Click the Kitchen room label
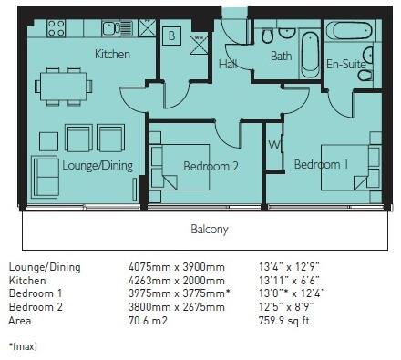point(112,54)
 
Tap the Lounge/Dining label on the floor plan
point(98,166)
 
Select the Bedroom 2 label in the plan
point(211,166)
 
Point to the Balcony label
point(210,229)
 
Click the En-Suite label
point(345,64)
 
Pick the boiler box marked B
point(171,36)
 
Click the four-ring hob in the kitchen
point(56,28)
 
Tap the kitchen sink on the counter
point(117,28)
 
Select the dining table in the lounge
point(63,87)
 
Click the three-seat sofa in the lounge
point(46,177)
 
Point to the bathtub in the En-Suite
point(349,31)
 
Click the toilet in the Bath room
point(267,36)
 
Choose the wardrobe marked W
point(274,145)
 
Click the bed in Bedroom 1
point(344,168)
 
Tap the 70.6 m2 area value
point(148,321)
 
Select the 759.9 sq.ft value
point(283,321)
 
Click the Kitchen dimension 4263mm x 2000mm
point(177,281)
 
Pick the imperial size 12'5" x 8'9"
point(286,307)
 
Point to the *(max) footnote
point(23,346)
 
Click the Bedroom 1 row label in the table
point(36,293)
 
